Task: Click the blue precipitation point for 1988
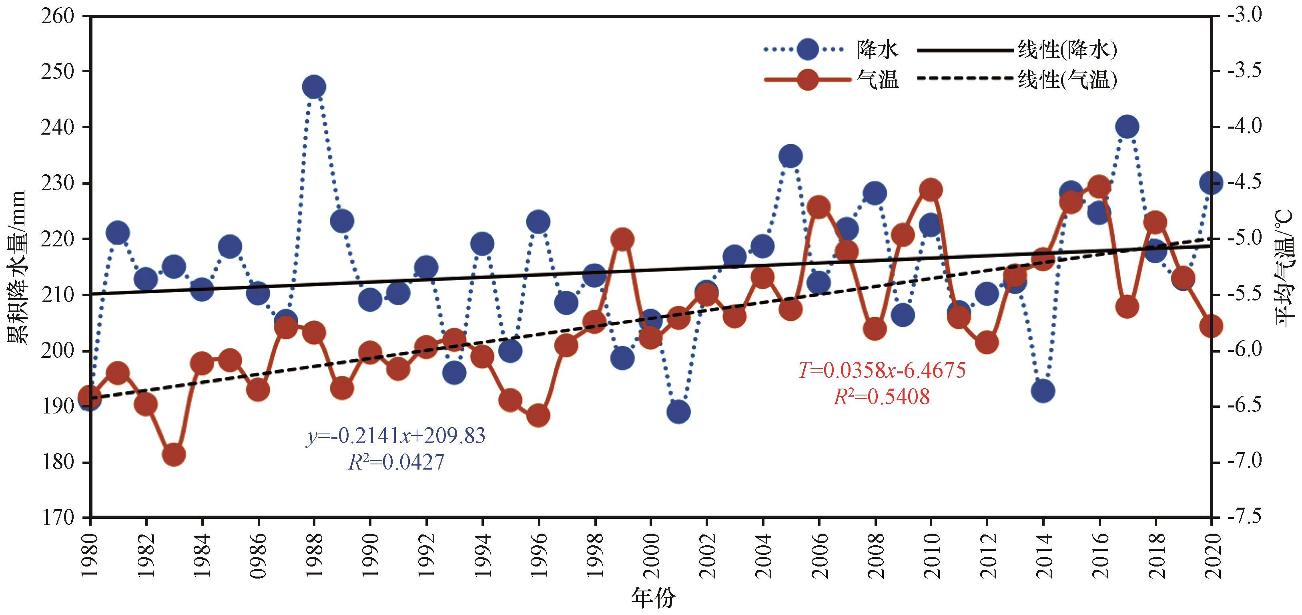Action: [314, 87]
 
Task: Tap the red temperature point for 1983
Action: [174, 455]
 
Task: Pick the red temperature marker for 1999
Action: [622, 239]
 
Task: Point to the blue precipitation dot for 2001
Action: [678, 412]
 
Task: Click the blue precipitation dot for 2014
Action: [1043, 391]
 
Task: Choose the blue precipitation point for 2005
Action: [790, 156]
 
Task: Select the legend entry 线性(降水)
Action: [1067, 50]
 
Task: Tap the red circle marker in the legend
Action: [807, 79]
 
